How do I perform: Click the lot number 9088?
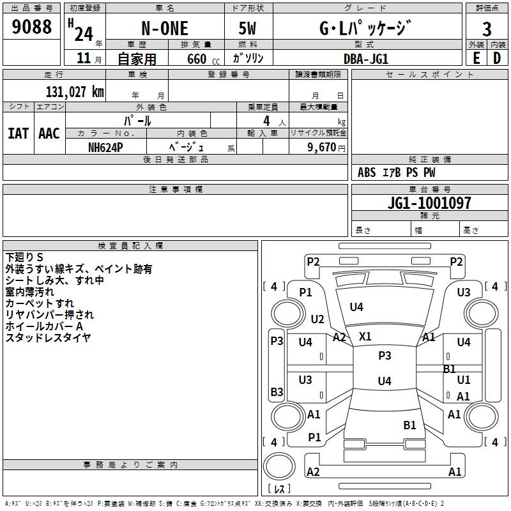[x=31, y=26]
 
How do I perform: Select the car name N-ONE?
[x=165, y=28]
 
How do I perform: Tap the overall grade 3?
[x=487, y=29]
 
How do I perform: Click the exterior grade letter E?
[x=476, y=58]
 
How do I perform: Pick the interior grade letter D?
[x=497, y=58]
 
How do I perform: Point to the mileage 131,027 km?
[x=75, y=91]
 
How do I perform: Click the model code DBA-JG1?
[x=366, y=59]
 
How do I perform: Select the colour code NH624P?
[x=105, y=148]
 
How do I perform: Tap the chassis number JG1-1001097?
[x=429, y=203]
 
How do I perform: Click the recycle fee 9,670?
[x=321, y=148]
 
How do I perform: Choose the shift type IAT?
[x=18, y=133]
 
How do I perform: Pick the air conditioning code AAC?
[x=49, y=133]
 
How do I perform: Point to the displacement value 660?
[x=197, y=59]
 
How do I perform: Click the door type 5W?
[x=247, y=28]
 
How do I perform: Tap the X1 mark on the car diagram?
[x=365, y=337]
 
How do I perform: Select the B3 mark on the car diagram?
[x=277, y=392]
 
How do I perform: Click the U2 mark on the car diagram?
[x=317, y=319]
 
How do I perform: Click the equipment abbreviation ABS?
[x=367, y=172]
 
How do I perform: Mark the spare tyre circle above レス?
[x=279, y=466]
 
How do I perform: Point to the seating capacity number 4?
[x=266, y=121]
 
